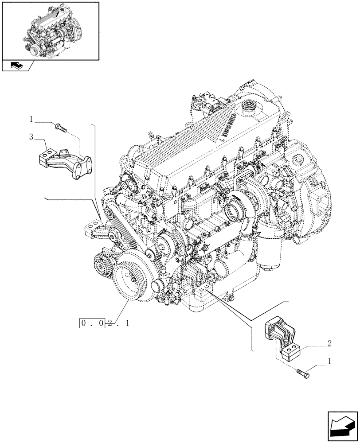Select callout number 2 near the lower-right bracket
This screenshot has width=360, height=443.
[x=329, y=343]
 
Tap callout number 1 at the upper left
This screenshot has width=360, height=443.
[x=31, y=119]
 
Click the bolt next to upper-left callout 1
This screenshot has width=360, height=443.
[x=60, y=128]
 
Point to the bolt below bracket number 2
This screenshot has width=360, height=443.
[x=303, y=374]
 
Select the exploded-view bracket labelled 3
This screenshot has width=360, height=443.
[x=65, y=162]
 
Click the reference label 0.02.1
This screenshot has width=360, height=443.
[x=105, y=323]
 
